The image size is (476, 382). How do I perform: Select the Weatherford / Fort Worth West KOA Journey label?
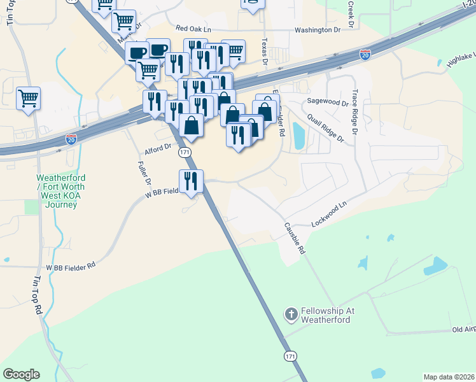click(x=61, y=190)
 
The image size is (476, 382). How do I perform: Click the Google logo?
click(x=21, y=374)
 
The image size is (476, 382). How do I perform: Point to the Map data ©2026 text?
click(x=449, y=377)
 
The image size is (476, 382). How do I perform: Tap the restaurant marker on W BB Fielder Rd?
click(x=191, y=182)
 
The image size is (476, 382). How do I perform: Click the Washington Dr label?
click(x=322, y=30)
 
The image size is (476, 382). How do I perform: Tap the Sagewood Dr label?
click(x=328, y=102)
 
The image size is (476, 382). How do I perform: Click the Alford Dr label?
click(x=158, y=148)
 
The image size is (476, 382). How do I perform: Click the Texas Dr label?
click(x=264, y=51)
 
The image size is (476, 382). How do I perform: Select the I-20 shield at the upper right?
click(x=365, y=55)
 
